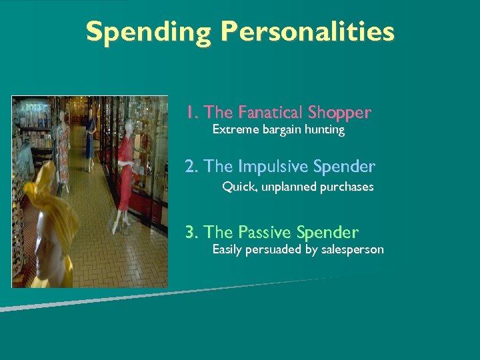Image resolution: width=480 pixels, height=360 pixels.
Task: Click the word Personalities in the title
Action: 307,32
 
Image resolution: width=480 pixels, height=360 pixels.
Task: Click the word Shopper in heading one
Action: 338,113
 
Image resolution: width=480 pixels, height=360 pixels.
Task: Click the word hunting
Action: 325,130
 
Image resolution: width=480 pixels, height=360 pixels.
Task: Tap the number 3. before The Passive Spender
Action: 192,232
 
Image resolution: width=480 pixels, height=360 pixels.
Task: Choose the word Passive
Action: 265,232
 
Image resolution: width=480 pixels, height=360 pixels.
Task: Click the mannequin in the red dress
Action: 125,167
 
